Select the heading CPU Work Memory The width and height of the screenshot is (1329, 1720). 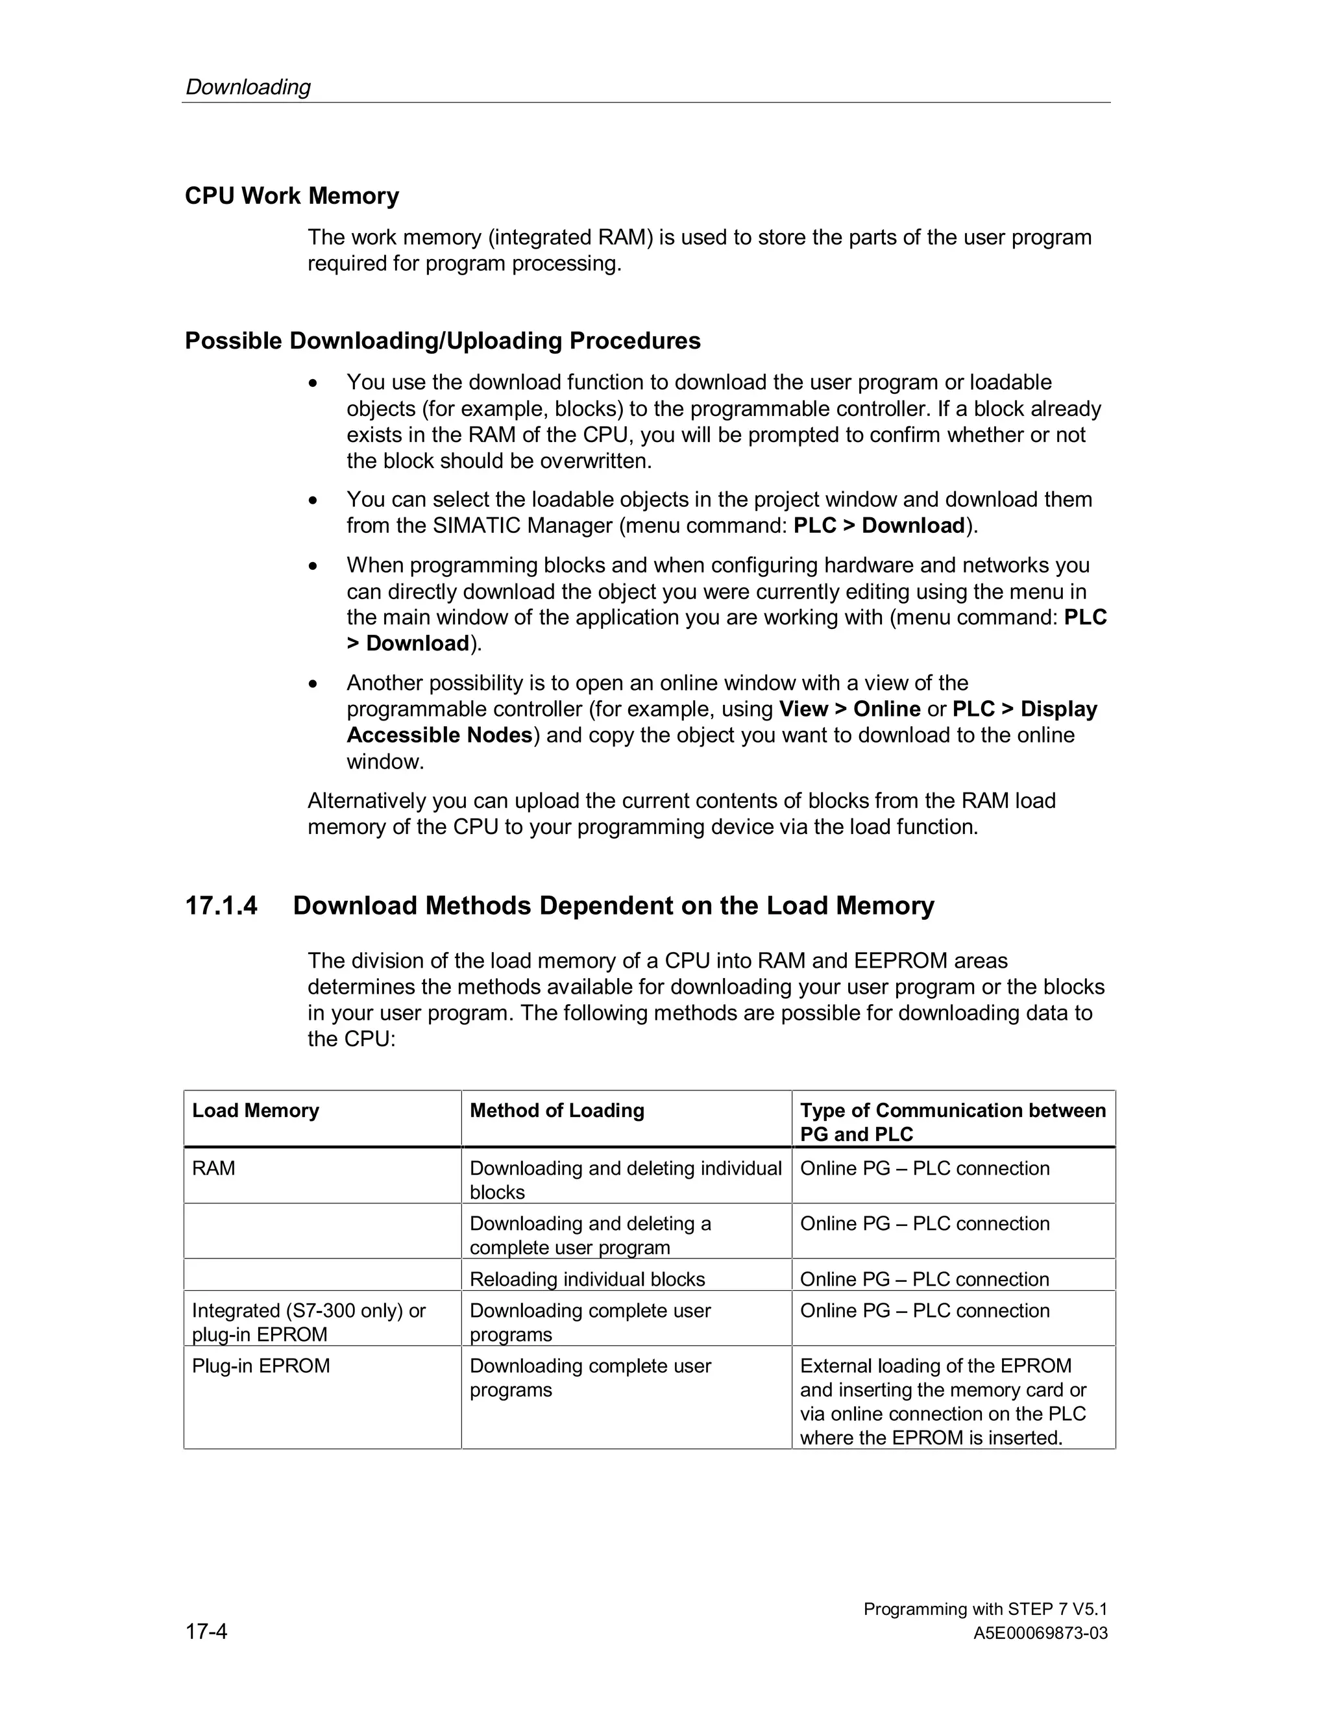291,195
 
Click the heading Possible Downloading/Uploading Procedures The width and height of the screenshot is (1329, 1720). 443,340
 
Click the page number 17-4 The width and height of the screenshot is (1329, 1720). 206,1631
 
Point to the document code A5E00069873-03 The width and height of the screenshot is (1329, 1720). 1040,1634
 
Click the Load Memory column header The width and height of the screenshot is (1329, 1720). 256,1111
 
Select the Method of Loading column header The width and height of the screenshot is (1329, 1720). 557,1111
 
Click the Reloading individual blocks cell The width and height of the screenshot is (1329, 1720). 587,1279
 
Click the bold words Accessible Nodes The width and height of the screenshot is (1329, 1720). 439,735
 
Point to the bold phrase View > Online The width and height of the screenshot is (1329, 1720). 849,709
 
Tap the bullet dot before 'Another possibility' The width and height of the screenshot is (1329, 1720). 313,683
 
